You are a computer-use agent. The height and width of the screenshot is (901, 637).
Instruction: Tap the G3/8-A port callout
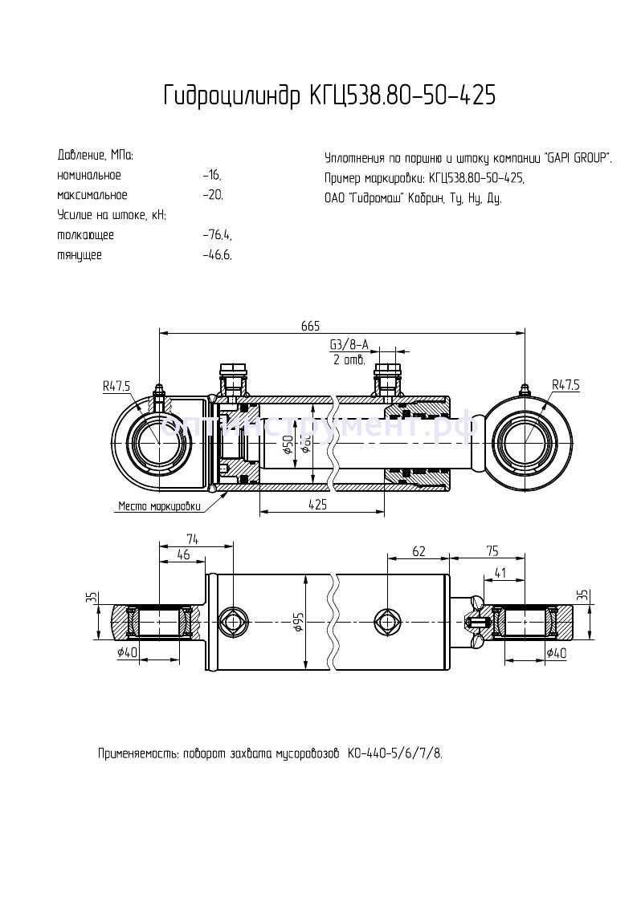tap(349, 345)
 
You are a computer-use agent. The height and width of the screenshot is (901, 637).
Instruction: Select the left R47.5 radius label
tap(116, 386)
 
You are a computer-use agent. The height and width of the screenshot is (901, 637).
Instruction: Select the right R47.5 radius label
tap(565, 386)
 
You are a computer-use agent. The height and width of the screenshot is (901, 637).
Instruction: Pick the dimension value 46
tap(183, 554)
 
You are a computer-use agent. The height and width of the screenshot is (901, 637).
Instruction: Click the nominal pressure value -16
tap(212, 175)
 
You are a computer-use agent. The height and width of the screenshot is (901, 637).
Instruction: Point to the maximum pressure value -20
tap(213, 195)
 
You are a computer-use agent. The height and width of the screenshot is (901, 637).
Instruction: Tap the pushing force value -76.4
tap(218, 235)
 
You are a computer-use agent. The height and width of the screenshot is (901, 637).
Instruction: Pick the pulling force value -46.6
tap(218, 255)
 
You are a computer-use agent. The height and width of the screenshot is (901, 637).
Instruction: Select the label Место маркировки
tap(159, 506)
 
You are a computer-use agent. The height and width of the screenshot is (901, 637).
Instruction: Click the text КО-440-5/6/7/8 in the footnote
tap(394, 754)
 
